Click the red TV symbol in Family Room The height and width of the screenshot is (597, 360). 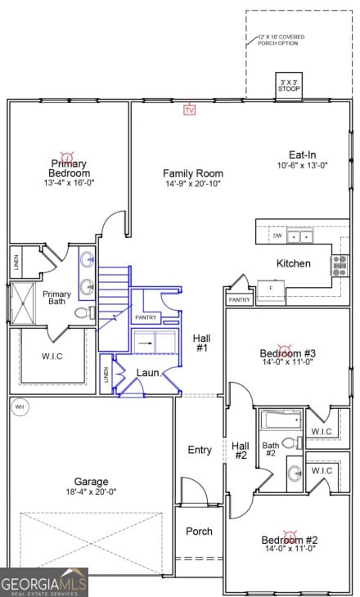(190, 110)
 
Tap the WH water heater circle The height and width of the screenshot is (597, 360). (20, 406)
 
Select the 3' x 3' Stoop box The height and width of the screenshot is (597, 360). (288, 86)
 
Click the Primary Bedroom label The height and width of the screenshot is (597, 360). (70, 168)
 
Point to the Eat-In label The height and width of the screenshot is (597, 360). (302, 155)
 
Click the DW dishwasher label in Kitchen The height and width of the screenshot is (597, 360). (277, 236)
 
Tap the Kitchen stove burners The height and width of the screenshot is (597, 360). (340, 264)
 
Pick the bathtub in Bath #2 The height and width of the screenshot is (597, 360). (281, 421)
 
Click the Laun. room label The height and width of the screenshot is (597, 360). (148, 372)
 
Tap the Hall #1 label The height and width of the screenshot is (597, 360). (201, 342)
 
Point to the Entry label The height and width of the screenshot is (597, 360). (200, 450)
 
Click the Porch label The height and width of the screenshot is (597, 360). (199, 531)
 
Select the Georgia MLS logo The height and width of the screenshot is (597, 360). (44, 582)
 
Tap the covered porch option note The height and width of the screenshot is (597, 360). (278, 40)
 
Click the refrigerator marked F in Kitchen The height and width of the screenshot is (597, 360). (270, 290)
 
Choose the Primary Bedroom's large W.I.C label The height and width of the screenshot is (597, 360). (52, 356)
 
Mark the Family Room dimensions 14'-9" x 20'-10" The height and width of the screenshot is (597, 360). (192, 184)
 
